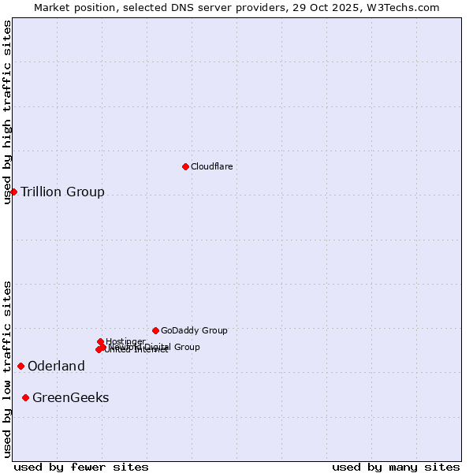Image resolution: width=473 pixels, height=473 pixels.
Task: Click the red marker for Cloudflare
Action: coord(185,166)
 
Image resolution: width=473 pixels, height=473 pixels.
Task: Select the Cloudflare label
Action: coord(211,166)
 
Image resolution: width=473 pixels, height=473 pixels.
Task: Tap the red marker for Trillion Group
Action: coord(13,192)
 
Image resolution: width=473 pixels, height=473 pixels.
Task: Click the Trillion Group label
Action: coord(62,192)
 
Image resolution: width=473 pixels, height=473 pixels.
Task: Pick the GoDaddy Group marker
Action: coord(155,330)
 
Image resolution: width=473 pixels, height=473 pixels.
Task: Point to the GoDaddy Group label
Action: coord(194,330)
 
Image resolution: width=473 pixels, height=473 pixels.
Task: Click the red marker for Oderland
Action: coord(20,366)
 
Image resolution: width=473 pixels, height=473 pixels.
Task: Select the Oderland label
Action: coord(56,366)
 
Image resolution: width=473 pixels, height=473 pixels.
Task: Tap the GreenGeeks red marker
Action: coord(26,397)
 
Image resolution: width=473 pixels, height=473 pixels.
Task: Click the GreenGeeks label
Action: coord(71,397)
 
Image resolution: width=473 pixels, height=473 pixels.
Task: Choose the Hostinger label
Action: coord(126,341)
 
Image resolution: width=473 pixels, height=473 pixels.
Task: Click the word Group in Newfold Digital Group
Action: coord(186,347)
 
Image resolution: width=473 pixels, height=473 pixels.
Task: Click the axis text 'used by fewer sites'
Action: coord(80,467)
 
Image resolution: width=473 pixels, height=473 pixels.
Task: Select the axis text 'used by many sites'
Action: coord(396,467)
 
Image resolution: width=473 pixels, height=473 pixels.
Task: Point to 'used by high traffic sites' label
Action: coord(7,112)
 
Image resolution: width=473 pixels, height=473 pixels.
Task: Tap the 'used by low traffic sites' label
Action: coord(7,369)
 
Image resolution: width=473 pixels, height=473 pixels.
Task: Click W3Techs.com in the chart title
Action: coord(404,7)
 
